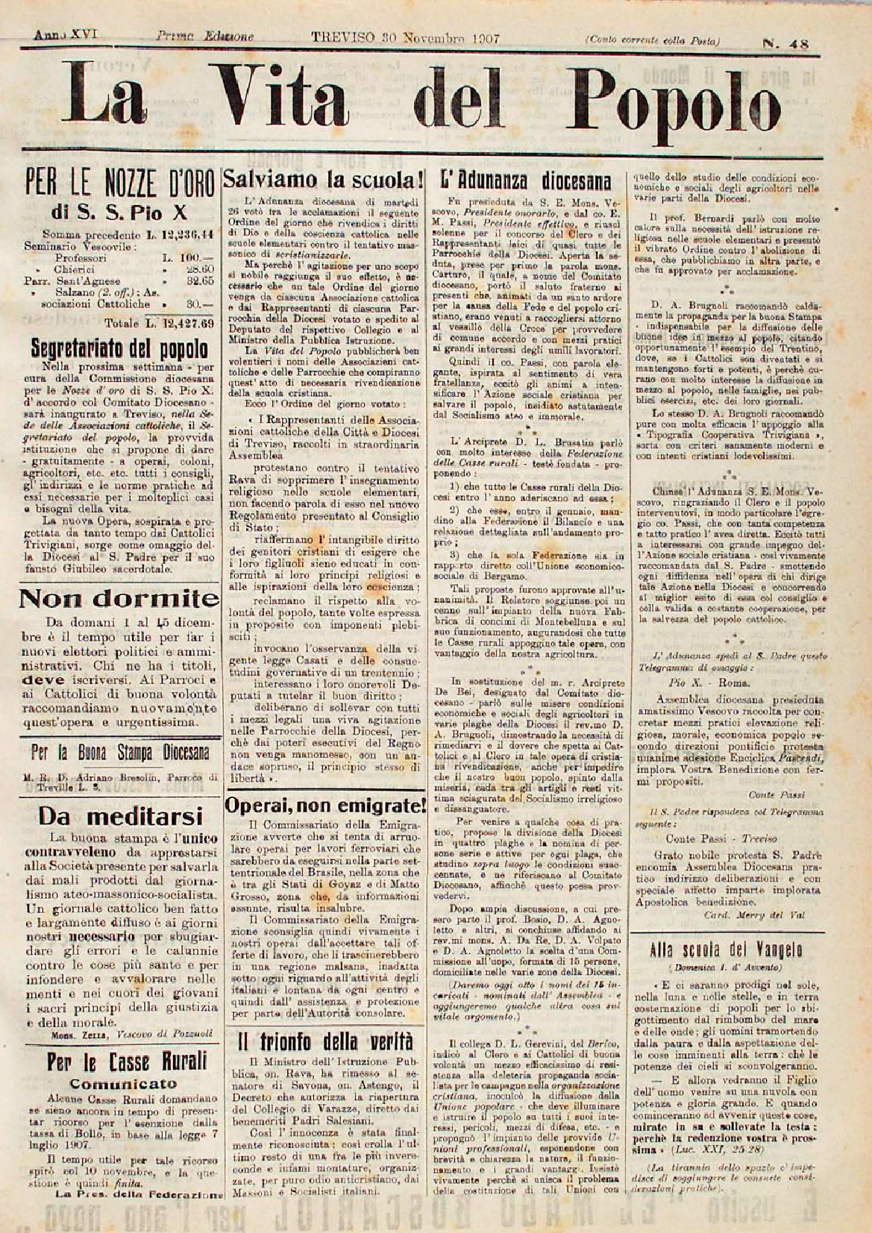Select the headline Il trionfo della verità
[325, 1041]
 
